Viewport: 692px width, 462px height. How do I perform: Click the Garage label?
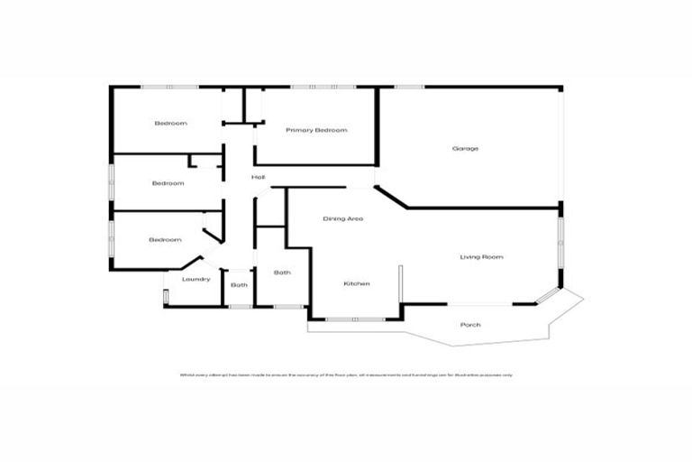(465, 148)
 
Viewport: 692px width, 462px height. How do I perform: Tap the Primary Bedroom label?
(316, 131)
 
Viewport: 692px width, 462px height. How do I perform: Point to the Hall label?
(258, 177)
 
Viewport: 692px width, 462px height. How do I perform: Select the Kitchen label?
(357, 284)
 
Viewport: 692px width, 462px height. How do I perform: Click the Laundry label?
(196, 279)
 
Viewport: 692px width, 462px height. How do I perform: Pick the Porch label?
(469, 325)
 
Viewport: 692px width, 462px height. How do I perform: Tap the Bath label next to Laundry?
(239, 285)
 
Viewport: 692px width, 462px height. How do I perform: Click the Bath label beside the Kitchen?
(282, 273)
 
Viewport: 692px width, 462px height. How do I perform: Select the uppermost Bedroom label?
(170, 123)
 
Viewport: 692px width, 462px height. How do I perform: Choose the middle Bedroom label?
(168, 183)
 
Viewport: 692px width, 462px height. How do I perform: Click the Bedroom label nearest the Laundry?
(165, 240)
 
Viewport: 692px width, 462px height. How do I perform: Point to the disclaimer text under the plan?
(346, 374)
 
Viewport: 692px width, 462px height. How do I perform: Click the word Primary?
(298, 131)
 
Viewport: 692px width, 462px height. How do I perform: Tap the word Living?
(470, 257)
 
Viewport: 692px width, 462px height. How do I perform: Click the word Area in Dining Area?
(356, 219)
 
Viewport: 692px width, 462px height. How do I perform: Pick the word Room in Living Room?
(492, 257)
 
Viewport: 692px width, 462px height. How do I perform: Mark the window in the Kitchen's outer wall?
(355, 319)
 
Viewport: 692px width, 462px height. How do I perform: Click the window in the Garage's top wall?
(409, 87)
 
